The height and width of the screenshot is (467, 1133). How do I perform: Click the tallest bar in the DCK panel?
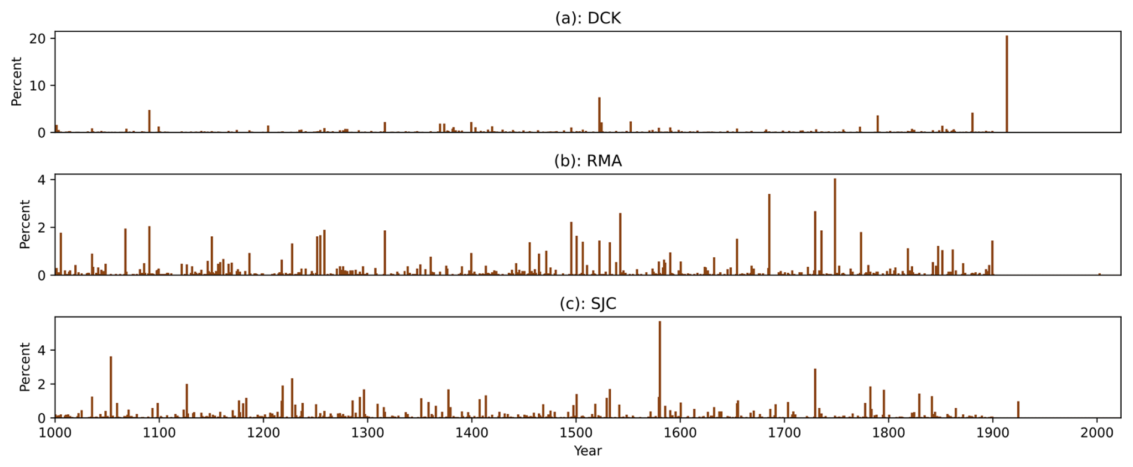pyautogui.click(x=1007, y=84)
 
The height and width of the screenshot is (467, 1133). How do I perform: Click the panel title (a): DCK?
pyautogui.click(x=587, y=19)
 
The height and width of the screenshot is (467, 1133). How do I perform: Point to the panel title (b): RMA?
pyautogui.click(x=587, y=161)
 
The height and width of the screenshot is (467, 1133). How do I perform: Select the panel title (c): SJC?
pyautogui.click(x=587, y=304)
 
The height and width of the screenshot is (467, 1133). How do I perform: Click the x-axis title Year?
pyautogui.click(x=587, y=451)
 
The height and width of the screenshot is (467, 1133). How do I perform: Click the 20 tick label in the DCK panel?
pyautogui.click(x=38, y=38)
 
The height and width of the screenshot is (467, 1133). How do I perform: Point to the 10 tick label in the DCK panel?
pyautogui.click(x=38, y=86)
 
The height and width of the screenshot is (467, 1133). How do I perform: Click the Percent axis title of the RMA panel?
pyautogui.click(x=25, y=224)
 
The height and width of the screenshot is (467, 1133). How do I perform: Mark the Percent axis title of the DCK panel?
pyautogui.click(x=16, y=82)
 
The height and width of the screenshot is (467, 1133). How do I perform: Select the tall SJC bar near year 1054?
pyautogui.click(x=111, y=387)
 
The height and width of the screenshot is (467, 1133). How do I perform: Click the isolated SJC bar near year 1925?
pyautogui.click(x=1018, y=410)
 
